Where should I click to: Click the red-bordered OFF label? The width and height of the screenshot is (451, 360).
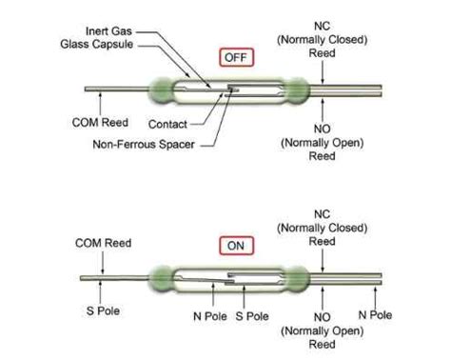coord(234,57)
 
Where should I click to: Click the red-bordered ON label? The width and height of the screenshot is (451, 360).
coord(234,245)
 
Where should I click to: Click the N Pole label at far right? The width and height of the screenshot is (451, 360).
coord(374,311)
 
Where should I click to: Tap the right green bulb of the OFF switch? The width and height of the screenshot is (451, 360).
coord(297,90)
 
